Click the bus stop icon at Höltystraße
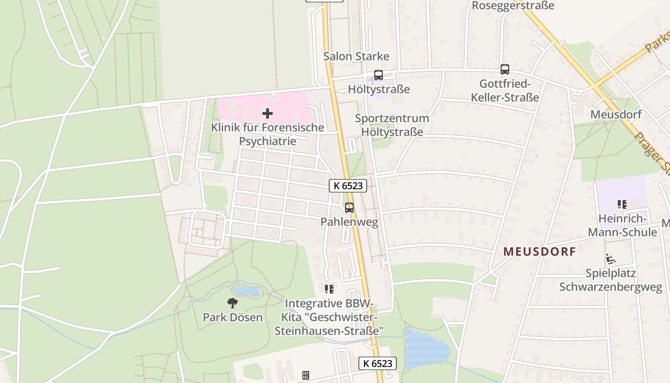click(378, 75)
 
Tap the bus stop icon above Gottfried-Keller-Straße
click(504, 69)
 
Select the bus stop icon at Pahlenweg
click(349, 208)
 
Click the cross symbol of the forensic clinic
click(268, 113)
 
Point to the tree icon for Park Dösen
click(233, 303)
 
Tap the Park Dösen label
click(233, 317)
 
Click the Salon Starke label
click(356, 56)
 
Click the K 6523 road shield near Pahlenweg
click(348, 186)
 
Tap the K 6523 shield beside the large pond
click(378, 363)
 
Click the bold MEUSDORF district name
click(539, 252)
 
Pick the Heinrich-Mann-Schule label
click(622, 226)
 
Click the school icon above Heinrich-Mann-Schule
click(622, 205)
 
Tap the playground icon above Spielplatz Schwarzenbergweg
click(610, 259)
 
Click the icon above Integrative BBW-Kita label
click(329, 289)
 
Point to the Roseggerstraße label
click(513, 6)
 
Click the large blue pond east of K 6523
click(427, 349)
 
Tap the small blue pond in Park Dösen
click(246, 292)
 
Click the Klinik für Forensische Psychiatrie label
click(268, 135)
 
